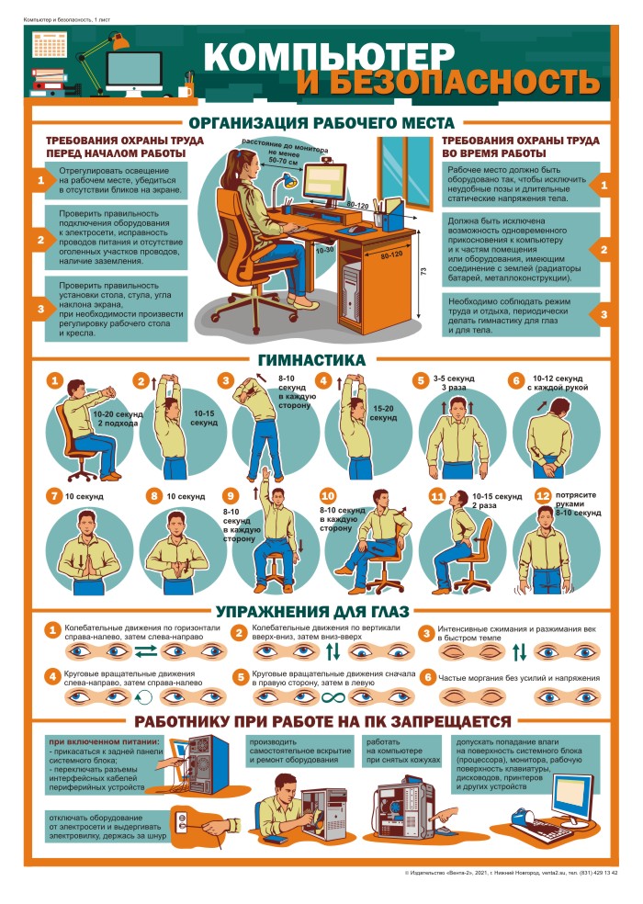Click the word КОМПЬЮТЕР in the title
pos(329,56)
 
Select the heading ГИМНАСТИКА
pos(311,360)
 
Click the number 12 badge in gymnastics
pos(543,496)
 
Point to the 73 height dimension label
pos(423,271)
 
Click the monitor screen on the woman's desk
pos(325,182)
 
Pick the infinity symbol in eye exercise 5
pos(333,698)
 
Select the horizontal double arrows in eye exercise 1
pos(145,652)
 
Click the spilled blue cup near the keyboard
pos(522,817)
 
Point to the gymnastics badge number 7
pos(55,496)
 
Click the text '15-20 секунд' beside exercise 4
pos(383,412)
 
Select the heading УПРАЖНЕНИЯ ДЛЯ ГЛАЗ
pos(312,611)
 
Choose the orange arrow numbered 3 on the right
pos(601,314)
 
